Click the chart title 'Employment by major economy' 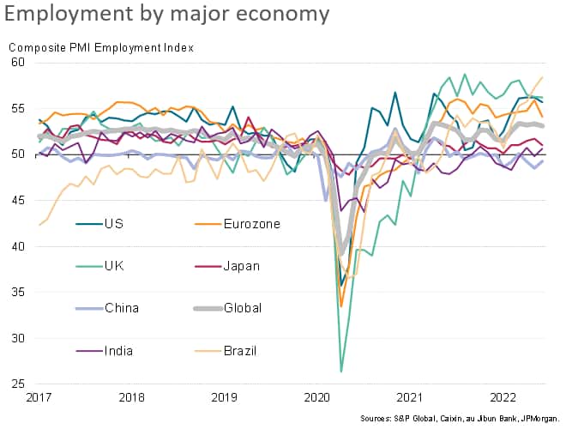click(168, 15)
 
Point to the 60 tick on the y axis click(19, 63)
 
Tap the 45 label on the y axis click(19, 201)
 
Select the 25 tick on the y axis click(19, 384)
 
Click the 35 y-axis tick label click(19, 293)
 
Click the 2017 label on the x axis click(39, 397)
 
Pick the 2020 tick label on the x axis click(317, 397)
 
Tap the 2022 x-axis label click(503, 397)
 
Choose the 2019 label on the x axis click(225, 397)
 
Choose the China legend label click(121, 307)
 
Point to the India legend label click(119, 350)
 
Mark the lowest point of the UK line click(341, 372)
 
